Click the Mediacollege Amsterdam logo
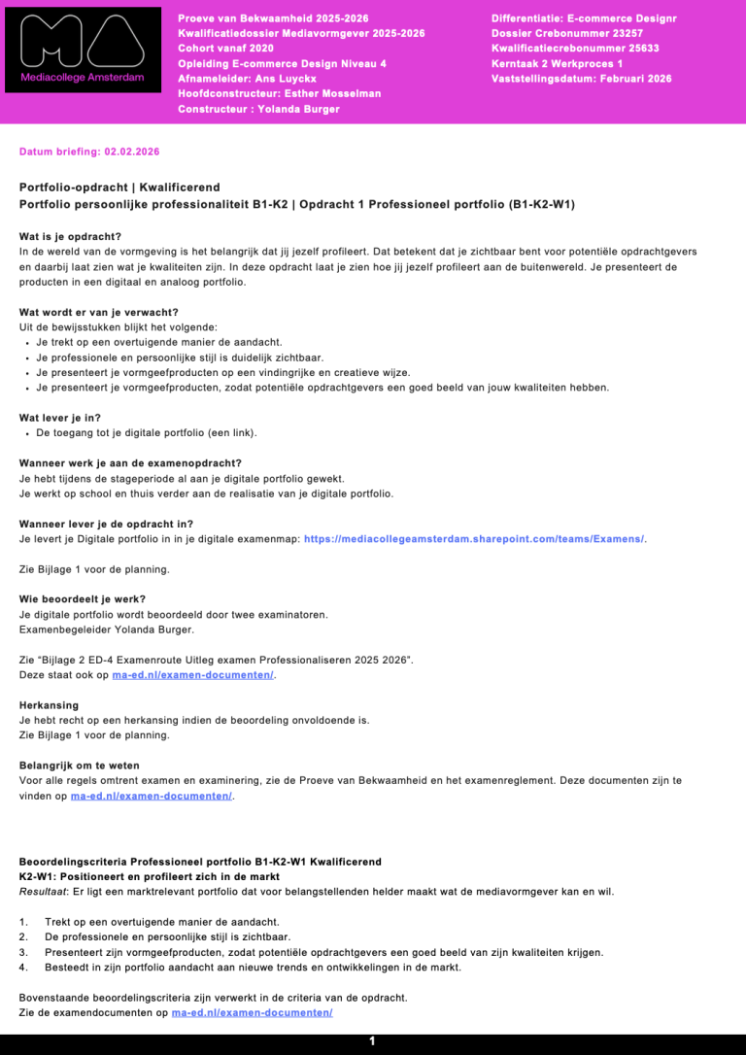83,50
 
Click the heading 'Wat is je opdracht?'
70,236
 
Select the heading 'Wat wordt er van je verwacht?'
99,312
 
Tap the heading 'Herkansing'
49,705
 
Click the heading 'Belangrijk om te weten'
80,766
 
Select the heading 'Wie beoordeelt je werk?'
82,598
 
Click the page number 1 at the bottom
372,1041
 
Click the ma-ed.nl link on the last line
252,1013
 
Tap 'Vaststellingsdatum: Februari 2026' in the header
581,80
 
